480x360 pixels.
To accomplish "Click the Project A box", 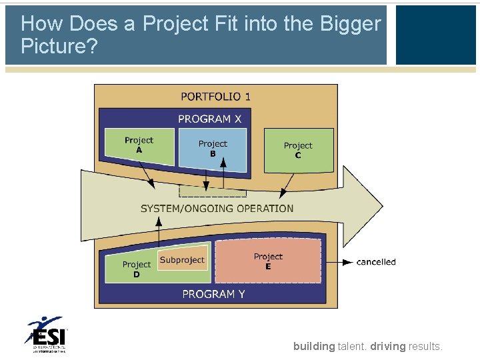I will tap(139, 146).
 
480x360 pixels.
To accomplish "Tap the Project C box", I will tap(298, 150).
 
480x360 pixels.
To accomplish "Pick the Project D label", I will tap(136, 269).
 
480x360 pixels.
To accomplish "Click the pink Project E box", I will tap(268, 261).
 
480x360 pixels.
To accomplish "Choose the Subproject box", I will tap(183, 260).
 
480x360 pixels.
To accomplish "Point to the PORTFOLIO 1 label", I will tap(215, 97).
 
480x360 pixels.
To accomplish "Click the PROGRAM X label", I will tap(209, 119).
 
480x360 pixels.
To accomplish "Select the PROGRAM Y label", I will tap(213, 294).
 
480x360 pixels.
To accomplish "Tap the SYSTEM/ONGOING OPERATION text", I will tap(217, 209).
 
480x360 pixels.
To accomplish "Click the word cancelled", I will tap(376, 262).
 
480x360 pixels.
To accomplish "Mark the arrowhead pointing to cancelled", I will tap(347, 262).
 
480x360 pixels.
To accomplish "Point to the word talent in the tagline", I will tap(352, 346).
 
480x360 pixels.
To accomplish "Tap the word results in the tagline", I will tap(425, 346).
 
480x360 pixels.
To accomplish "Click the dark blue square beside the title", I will tap(436, 35).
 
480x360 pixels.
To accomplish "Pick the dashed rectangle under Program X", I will tap(212, 191).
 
